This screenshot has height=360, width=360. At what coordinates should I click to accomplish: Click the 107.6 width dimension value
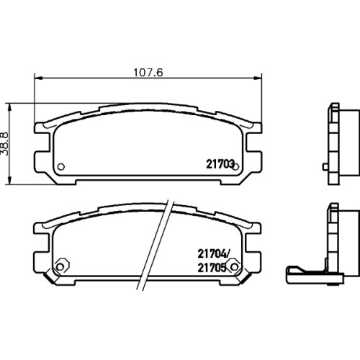148,73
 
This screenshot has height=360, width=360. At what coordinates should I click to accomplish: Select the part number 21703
220,164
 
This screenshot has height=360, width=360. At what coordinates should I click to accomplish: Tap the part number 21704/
214,254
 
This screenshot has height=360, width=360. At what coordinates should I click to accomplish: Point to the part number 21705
212,268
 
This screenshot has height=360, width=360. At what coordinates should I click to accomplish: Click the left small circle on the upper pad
61,166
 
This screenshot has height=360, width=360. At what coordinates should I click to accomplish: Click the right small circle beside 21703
235,166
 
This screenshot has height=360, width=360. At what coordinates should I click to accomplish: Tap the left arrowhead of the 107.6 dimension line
38,78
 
